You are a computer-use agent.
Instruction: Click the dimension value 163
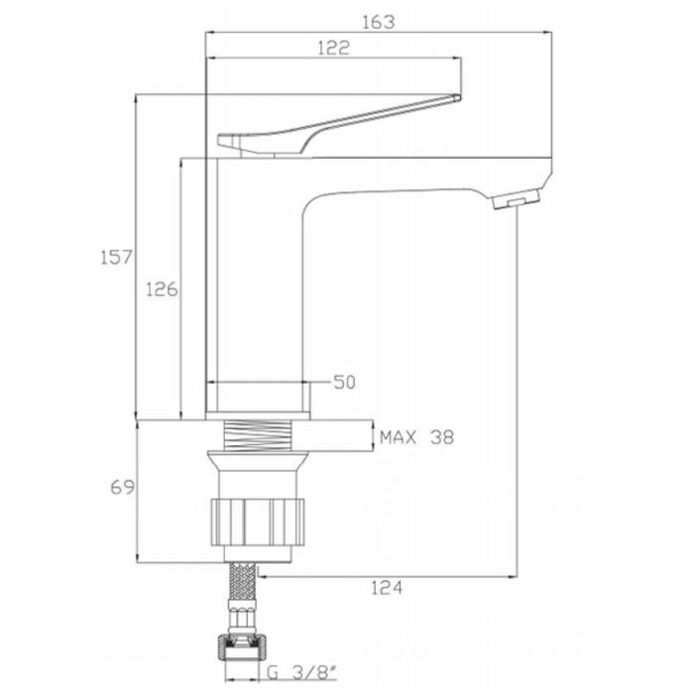(x=378, y=22)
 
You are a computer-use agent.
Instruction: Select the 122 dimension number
(x=333, y=48)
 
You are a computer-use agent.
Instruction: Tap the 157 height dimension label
(x=116, y=257)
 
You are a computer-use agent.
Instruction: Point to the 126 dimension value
(x=162, y=289)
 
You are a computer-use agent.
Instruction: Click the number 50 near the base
(x=344, y=383)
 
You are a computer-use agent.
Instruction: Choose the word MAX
(x=398, y=438)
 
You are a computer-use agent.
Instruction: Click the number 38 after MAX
(x=442, y=438)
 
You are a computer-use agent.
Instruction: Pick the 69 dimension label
(x=122, y=488)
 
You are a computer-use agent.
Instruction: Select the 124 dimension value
(x=387, y=588)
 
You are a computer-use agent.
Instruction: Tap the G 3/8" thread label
(x=301, y=673)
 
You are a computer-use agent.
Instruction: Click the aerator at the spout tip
(x=517, y=198)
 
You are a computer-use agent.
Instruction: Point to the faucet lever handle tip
(x=458, y=97)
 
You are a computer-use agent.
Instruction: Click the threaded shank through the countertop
(x=259, y=436)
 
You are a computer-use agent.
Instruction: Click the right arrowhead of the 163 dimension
(x=548, y=32)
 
